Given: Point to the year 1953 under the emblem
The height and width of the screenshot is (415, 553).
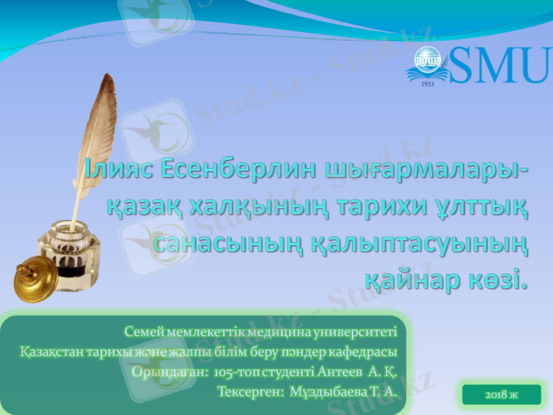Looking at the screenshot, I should pos(427,83).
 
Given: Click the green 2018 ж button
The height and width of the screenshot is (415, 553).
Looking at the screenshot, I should pos(502,395).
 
